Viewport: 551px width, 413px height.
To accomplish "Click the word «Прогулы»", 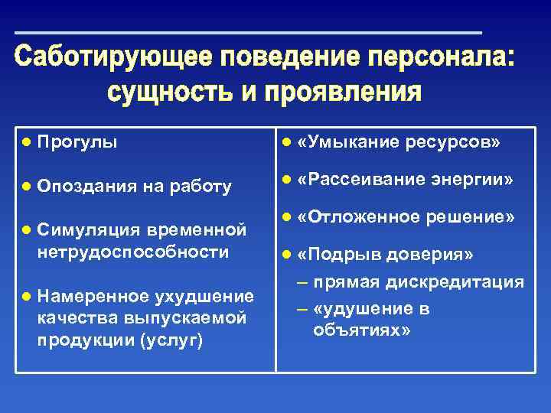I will point(77,143).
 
